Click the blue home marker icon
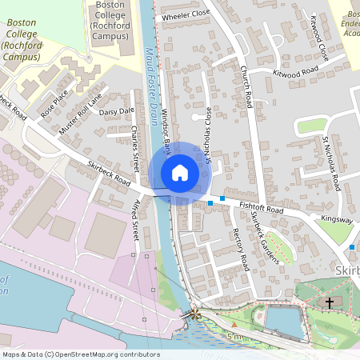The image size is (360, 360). point(180,173)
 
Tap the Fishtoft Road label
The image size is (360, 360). point(262,210)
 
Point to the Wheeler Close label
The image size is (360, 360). point(185,14)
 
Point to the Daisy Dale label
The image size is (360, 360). point(117,111)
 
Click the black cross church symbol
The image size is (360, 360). point(330,302)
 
